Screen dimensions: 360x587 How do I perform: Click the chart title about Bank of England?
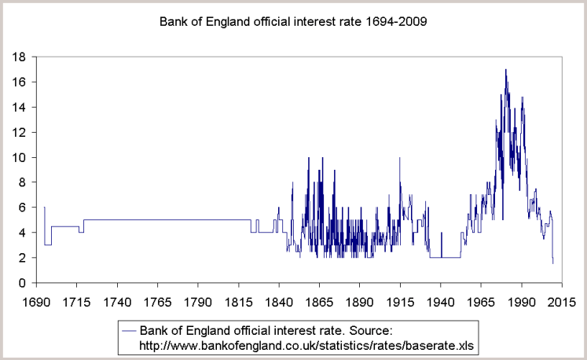coord(293,21)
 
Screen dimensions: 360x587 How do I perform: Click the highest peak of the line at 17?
coord(505,70)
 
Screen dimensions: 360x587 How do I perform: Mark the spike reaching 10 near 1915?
coord(399,158)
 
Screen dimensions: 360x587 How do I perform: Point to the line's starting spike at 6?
coord(44,208)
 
